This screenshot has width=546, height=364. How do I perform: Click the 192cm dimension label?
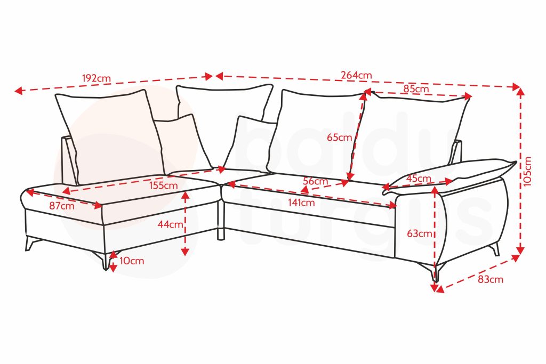click(97, 78)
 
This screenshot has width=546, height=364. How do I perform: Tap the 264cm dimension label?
click(357, 75)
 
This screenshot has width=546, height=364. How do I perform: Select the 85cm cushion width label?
click(416, 89)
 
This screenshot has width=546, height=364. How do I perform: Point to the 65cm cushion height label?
click(340, 137)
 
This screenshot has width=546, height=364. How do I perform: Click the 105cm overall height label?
click(527, 171)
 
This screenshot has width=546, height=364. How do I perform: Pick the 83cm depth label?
click(491, 279)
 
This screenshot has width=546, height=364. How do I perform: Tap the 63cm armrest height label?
click(420, 233)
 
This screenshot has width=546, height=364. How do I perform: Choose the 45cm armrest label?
click(419, 179)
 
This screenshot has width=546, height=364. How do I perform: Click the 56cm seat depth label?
click(316, 181)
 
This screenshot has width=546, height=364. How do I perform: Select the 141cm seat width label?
click(301, 203)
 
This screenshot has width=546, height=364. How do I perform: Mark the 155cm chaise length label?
click(164, 185)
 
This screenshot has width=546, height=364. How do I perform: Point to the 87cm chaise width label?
click(62, 206)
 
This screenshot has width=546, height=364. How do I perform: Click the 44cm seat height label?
click(170, 224)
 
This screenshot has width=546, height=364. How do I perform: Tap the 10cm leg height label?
click(132, 261)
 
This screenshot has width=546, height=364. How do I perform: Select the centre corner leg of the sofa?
click(221, 233)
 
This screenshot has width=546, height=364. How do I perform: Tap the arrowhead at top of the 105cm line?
click(520, 91)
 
